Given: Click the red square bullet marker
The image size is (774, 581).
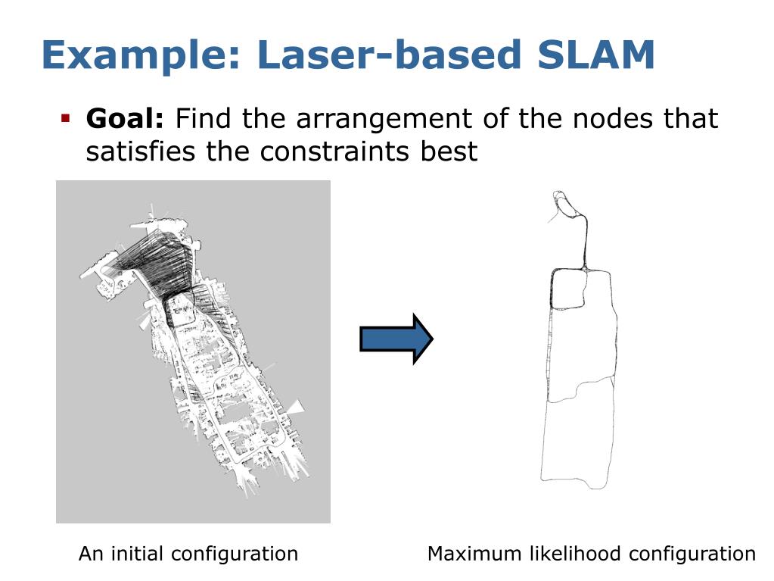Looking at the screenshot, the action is pos(66,118).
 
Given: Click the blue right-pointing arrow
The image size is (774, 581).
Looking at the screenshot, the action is pos(396,338).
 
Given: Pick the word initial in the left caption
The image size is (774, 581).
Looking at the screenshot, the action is pos(138,554).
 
